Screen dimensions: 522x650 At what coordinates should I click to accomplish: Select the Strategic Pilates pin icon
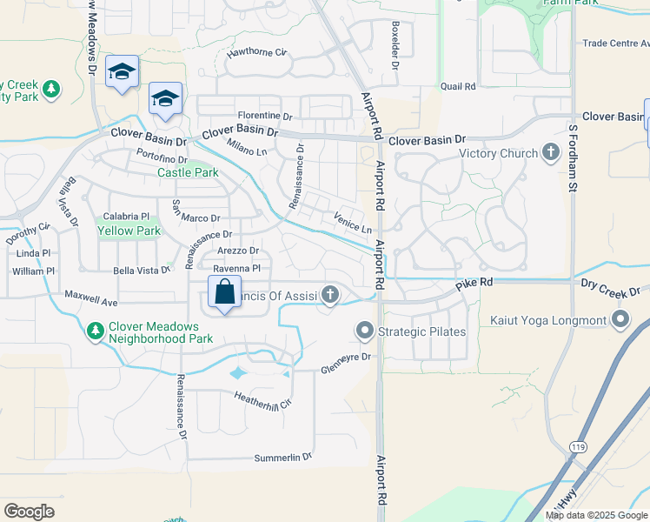(364, 331)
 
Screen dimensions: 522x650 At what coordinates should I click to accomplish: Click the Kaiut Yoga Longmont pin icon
(620, 321)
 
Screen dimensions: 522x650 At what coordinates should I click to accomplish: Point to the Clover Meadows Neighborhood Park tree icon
(96, 331)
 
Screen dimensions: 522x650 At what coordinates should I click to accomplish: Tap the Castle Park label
(187, 172)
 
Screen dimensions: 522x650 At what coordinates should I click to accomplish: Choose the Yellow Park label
(129, 231)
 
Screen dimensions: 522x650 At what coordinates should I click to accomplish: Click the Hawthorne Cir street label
(256, 53)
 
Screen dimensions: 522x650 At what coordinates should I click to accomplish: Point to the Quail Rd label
(458, 87)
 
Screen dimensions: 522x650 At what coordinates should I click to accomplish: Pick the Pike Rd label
(474, 284)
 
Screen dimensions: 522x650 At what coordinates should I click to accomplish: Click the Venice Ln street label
(353, 222)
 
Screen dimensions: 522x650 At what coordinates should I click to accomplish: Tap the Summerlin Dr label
(282, 458)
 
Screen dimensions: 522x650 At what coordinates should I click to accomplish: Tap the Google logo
(29, 512)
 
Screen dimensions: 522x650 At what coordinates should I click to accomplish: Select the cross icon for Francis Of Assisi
(329, 296)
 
